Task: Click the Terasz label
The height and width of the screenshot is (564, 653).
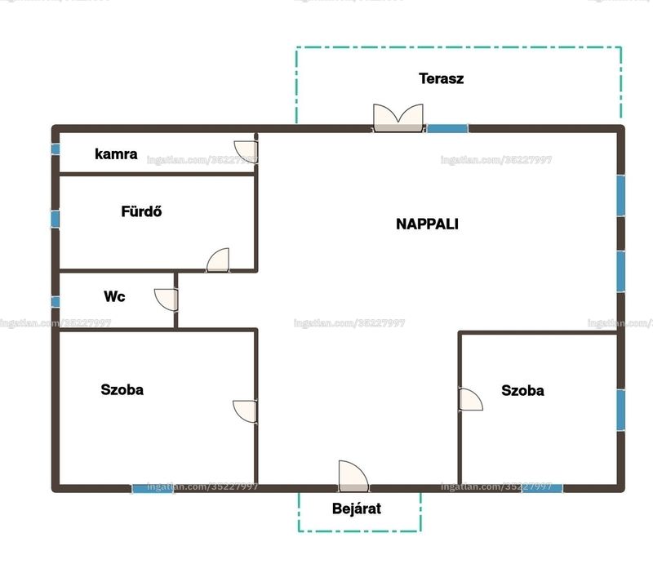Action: click(441, 78)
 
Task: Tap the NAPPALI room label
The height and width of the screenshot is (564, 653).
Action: click(427, 224)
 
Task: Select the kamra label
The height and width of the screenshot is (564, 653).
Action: click(116, 153)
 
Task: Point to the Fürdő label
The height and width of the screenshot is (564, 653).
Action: click(141, 211)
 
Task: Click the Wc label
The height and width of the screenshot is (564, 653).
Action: click(114, 296)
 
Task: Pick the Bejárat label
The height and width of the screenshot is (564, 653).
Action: click(357, 508)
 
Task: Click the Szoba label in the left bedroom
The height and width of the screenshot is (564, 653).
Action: click(122, 389)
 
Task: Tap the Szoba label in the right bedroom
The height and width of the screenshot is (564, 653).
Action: click(522, 390)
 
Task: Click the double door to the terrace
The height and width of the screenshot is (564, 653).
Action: click(398, 118)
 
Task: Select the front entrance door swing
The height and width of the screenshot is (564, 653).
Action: click(353, 476)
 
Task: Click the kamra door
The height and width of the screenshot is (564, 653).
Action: click(246, 151)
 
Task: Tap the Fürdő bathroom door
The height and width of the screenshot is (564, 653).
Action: click(218, 260)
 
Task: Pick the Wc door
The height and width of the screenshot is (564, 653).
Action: click(167, 300)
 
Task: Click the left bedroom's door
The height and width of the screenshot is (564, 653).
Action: click(245, 411)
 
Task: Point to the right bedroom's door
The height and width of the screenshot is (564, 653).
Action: click(471, 399)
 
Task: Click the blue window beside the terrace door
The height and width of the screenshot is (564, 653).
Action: click(447, 129)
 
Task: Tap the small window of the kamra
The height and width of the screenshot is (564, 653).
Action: click(56, 149)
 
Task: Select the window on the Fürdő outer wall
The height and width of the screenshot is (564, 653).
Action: click(55, 219)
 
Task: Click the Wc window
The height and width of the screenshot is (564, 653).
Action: click(56, 302)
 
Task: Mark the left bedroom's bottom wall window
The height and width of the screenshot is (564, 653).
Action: click(153, 489)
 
